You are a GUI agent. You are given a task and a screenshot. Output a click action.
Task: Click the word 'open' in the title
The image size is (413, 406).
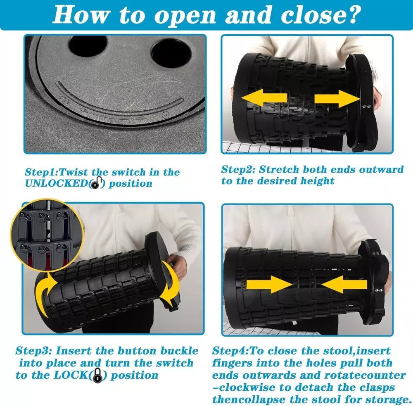click(x=185, y=16)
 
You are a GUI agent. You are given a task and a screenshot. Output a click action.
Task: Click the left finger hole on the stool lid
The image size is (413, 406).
click(x=88, y=46)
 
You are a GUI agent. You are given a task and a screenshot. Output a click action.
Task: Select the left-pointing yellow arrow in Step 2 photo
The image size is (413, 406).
click(x=264, y=98)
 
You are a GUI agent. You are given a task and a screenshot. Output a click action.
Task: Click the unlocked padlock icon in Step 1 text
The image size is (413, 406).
click(x=96, y=183)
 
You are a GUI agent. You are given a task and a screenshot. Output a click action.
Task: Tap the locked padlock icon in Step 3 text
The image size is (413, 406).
click(x=98, y=375)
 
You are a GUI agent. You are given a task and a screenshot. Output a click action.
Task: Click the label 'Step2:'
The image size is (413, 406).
click(x=238, y=170)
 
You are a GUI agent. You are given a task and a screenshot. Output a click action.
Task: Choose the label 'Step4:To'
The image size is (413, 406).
click(x=239, y=351)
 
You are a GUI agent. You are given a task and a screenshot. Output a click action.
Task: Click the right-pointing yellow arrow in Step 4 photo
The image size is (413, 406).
click(x=269, y=284)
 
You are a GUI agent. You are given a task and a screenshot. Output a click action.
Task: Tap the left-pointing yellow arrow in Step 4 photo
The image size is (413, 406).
click(x=344, y=284)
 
